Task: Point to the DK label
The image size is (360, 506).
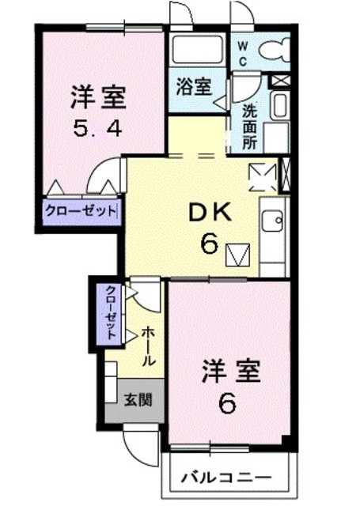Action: coord(208,213)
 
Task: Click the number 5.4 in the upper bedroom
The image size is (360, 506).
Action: coord(99,128)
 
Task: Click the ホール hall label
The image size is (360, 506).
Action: coord(149,347)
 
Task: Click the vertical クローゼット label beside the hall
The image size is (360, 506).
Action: coord(111,312)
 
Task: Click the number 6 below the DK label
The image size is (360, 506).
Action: coord(209,244)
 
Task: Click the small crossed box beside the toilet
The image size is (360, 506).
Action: coord(280,80)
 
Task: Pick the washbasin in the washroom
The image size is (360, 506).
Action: coord(278,105)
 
